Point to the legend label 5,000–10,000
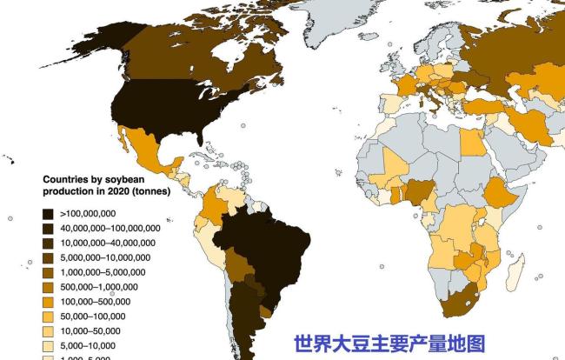91,344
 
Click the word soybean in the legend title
129,180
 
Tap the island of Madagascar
515,277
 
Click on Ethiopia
498,191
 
